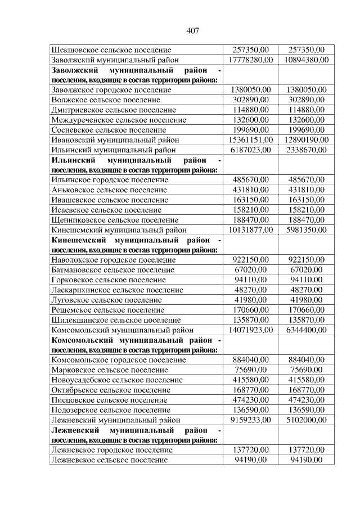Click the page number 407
tap(192, 30)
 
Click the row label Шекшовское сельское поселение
tap(111, 50)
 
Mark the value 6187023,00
tap(250, 150)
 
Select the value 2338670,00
tap(306, 150)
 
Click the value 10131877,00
tap(250, 230)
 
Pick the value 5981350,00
tap(306, 230)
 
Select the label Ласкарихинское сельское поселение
tap(117, 290)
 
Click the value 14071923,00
tap(250, 330)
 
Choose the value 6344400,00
tap(306, 330)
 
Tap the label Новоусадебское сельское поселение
tap(116, 380)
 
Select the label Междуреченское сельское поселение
tap(118, 120)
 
